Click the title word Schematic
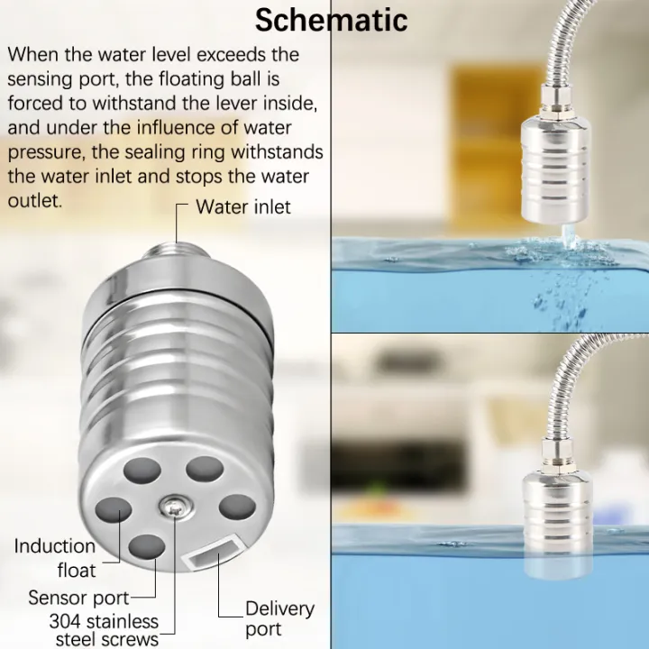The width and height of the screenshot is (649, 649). point(331,20)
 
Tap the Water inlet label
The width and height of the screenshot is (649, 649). point(243,206)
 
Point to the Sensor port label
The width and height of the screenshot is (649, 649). point(78,597)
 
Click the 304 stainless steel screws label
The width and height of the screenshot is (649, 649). point(103,630)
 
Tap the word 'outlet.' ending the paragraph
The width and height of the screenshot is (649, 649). point(35,200)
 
